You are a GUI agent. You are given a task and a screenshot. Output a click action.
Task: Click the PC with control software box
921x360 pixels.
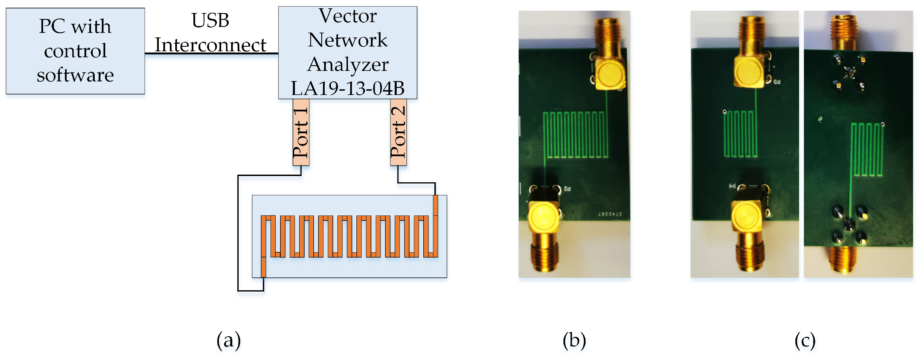pyautogui.click(x=75, y=51)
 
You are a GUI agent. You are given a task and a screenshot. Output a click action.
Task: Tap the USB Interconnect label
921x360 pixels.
pyautogui.click(x=210, y=33)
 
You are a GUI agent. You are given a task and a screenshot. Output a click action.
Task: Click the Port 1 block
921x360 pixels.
pyautogui.click(x=301, y=132)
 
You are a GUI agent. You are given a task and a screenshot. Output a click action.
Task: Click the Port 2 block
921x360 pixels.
pyautogui.click(x=398, y=132)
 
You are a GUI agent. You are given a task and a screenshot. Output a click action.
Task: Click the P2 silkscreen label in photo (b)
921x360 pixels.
pyautogui.click(x=567, y=189)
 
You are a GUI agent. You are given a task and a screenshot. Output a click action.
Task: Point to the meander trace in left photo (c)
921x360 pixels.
pyautogui.click(x=740, y=134)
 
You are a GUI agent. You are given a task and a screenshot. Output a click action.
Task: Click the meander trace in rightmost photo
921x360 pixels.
pyautogui.click(x=867, y=149)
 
